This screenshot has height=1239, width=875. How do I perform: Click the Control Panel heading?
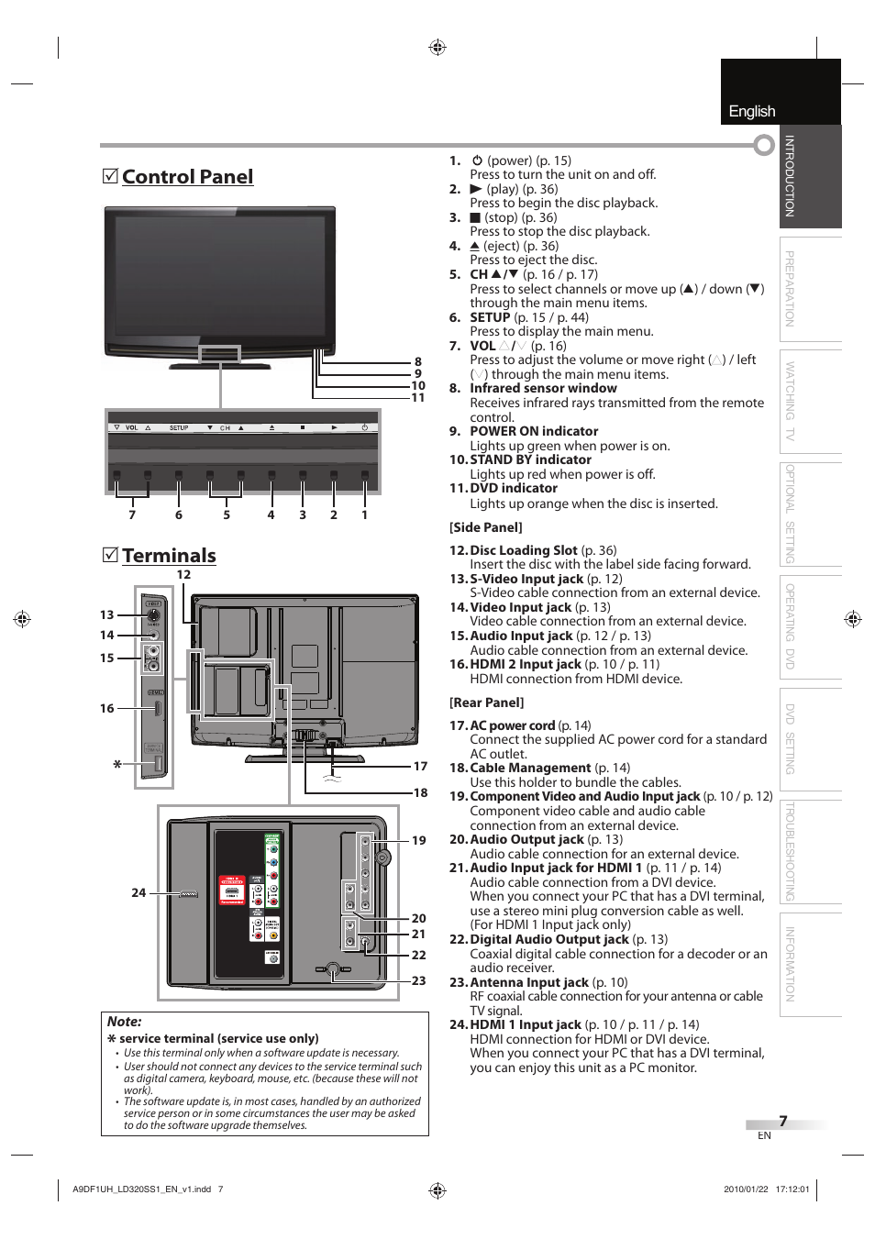187,177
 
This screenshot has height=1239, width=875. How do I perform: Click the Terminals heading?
169,556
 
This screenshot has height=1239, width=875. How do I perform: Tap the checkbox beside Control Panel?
110,175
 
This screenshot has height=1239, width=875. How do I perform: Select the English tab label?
752,111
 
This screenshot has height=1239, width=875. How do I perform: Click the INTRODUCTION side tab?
790,176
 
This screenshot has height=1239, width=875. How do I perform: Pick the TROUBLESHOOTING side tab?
790,851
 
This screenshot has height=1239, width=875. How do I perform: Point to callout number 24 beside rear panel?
138,892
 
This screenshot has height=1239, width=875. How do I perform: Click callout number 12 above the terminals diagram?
183,575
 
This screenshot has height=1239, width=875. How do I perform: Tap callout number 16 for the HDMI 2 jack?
107,708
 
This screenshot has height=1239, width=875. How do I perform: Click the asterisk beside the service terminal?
117,764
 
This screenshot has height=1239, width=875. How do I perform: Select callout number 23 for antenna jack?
418,980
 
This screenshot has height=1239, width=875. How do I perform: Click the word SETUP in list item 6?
490,317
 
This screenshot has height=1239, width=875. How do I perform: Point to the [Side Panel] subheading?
485,527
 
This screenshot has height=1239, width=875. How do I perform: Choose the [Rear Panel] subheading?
486,702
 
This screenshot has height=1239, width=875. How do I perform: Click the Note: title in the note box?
125,1022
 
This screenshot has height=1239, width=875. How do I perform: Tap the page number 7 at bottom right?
783,1121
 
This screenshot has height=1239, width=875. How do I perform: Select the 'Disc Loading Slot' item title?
524,550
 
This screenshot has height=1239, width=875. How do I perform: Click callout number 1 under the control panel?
364,515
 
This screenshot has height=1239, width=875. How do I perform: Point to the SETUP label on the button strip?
179,428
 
